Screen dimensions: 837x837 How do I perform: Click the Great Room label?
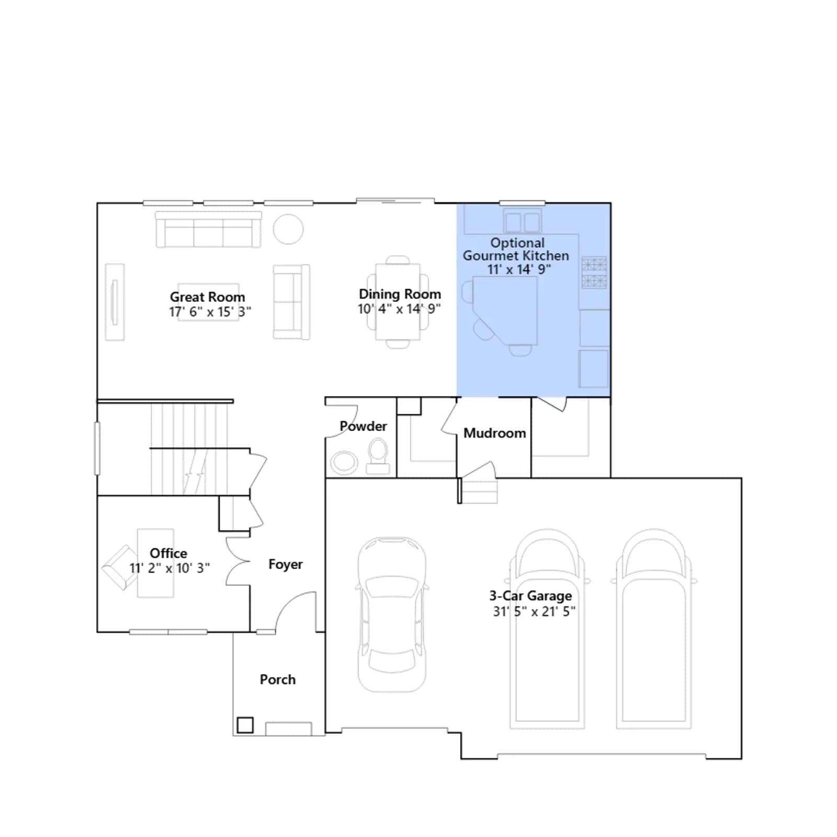(x=207, y=297)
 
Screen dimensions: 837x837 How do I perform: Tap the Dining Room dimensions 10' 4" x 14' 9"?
(x=399, y=309)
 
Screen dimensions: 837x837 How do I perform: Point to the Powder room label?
(x=363, y=426)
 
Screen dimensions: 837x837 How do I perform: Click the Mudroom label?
(x=494, y=433)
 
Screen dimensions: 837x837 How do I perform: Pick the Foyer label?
(x=285, y=564)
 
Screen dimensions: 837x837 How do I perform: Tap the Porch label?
(x=278, y=680)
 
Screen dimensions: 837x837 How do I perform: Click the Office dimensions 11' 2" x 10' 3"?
(x=169, y=568)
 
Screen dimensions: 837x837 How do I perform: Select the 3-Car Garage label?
(x=530, y=596)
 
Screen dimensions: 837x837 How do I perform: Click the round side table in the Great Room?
(x=288, y=229)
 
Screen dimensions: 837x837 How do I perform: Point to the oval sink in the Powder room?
(x=344, y=462)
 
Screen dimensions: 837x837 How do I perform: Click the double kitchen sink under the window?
(x=523, y=221)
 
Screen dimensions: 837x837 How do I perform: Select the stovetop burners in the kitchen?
(x=594, y=273)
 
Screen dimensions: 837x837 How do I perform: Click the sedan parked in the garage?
(x=392, y=614)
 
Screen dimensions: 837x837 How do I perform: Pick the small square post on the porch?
(x=245, y=725)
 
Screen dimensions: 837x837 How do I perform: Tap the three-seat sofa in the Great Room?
(x=208, y=229)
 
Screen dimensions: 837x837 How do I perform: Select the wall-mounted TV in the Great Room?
(x=115, y=302)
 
